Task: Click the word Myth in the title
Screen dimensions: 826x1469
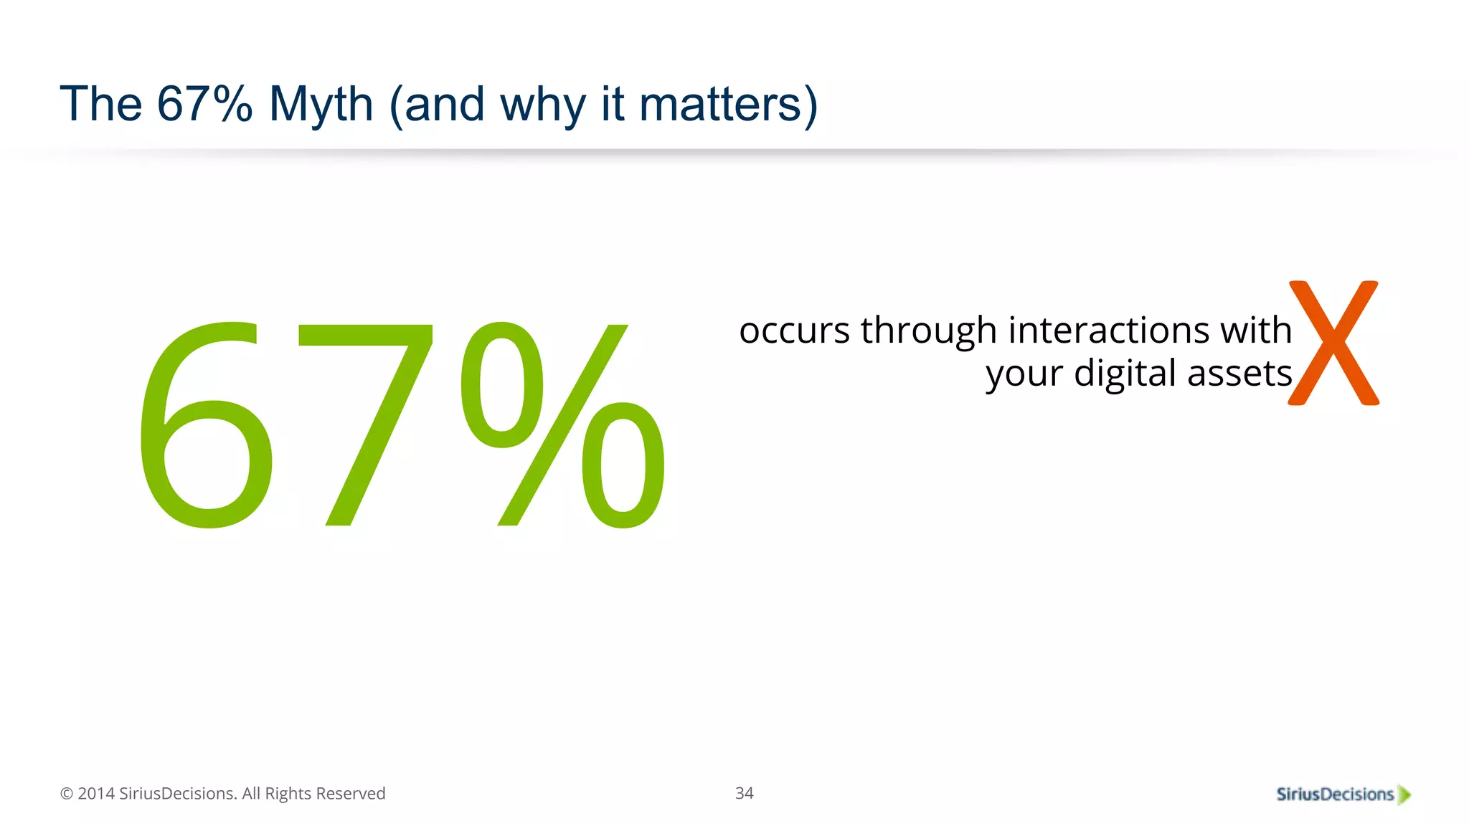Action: tap(321, 105)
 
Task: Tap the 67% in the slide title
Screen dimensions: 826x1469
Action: tap(204, 105)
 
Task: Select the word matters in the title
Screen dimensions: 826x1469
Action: tap(719, 105)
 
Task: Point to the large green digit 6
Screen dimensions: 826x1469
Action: tap(205, 427)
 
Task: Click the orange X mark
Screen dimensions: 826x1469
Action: tap(1333, 343)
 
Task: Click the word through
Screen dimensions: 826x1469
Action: tap(929, 332)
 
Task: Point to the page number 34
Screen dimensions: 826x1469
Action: tap(744, 793)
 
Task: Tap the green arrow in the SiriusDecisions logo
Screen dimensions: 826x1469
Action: tap(1404, 794)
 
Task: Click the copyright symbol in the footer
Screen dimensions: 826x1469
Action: tap(67, 794)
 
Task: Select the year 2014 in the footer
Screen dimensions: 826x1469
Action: tap(95, 794)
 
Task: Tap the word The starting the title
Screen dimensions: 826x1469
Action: tap(101, 105)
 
